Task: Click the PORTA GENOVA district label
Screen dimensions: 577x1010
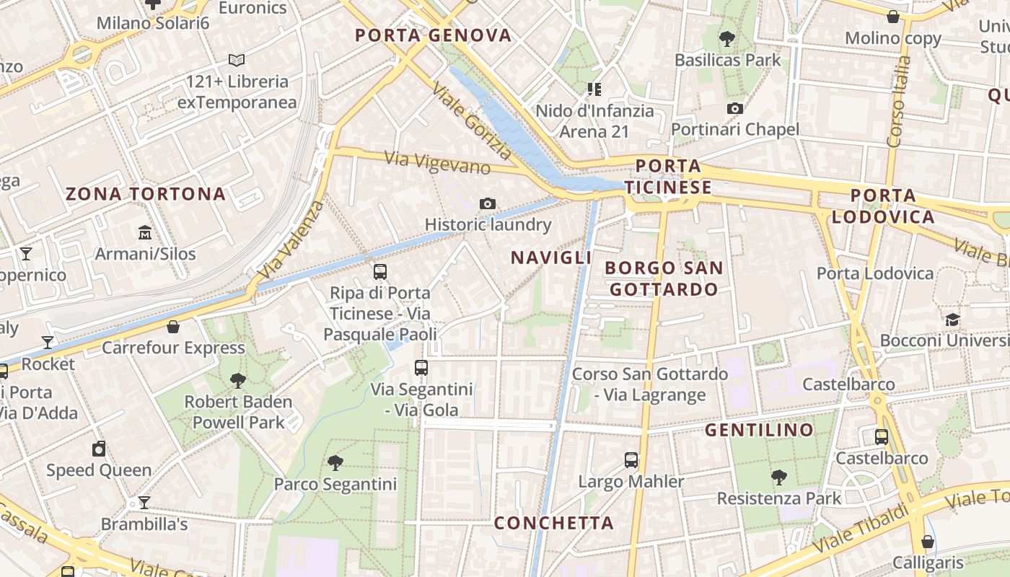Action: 433,35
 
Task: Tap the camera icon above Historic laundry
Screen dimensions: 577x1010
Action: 488,204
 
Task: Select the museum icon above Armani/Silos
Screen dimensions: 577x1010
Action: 145,233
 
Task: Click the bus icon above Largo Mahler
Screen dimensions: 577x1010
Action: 631,460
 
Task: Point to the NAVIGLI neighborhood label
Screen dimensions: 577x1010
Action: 551,257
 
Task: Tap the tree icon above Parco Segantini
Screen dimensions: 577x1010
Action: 335,462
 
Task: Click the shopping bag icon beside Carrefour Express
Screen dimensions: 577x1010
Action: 173,327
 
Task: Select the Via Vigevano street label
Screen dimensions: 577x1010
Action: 437,162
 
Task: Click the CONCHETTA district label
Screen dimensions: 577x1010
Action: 553,523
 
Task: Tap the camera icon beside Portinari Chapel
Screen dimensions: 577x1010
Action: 735,109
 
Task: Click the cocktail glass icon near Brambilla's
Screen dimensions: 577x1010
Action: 144,503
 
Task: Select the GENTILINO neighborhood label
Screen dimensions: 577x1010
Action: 759,431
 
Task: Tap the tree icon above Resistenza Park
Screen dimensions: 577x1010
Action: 778,477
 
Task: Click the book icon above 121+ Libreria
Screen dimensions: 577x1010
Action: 237,61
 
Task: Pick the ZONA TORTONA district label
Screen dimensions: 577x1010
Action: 146,194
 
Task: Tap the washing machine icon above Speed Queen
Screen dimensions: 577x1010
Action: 99,449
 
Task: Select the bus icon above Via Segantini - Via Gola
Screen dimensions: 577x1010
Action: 421,368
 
